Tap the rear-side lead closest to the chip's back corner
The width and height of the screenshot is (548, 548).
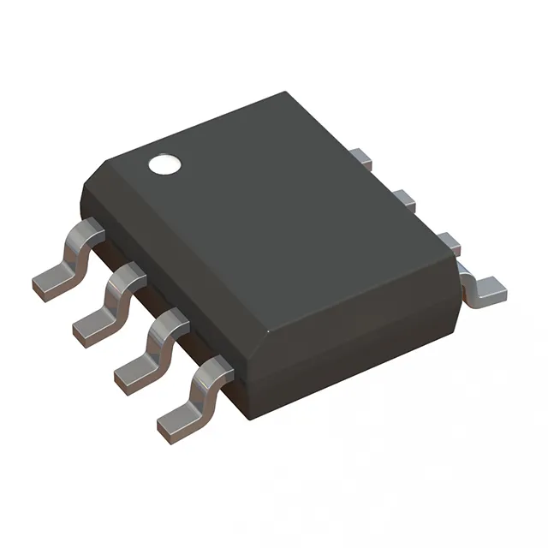tap(360, 158)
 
